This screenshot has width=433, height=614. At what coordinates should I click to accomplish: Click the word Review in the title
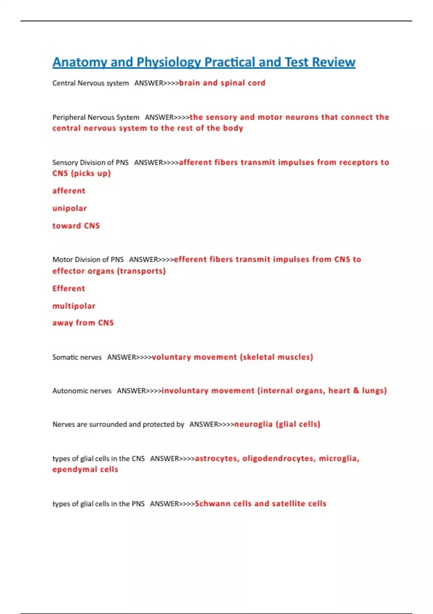[334, 62]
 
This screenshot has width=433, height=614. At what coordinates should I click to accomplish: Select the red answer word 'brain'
[189, 83]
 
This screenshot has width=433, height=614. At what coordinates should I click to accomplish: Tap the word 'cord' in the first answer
[257, 83]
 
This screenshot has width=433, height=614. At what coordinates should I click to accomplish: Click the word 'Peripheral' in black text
[67, 117]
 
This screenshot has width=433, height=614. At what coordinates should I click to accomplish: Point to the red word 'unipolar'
[70, 208]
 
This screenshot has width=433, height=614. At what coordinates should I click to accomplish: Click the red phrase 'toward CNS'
[76, 226]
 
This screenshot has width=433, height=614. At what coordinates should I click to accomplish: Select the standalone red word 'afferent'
[69, 191]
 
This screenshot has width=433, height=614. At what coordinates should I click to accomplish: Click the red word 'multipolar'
[74, 306]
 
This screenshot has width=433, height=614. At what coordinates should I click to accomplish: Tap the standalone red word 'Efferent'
[69, 289]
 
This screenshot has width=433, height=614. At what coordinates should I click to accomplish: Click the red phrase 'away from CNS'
[83, 323]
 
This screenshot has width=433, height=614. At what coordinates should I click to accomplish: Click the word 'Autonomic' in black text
[67, 391]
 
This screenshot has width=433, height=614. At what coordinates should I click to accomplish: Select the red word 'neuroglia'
[253, 424]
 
